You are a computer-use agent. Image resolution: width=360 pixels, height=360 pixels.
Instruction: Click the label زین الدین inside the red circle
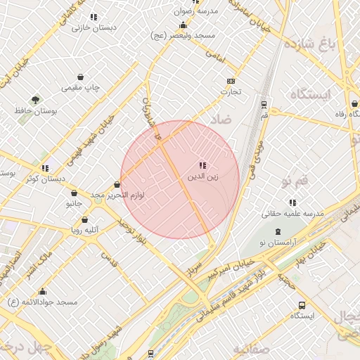click(x=202, y=176)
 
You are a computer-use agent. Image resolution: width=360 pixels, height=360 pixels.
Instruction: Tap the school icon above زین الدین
click(x=202, y=165)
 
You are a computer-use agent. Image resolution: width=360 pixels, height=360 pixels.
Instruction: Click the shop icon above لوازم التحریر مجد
click(x=117, y=184)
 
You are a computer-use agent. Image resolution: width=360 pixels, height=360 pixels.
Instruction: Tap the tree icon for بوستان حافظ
click(x=36, y=100)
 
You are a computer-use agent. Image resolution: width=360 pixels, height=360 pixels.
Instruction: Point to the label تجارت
click(x=231, y=91)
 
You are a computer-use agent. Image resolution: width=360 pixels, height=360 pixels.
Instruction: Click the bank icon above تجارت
click(x=231, y=81)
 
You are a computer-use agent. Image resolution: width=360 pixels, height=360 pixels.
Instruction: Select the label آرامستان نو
click(x=277, y=241)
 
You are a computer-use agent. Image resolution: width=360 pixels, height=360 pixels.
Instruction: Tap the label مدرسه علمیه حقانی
click(x=292, y=212)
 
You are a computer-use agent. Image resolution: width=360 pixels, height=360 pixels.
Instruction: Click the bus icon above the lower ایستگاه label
click(x=302, y=306)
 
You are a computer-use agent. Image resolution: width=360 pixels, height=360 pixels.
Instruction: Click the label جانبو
click(x=74, y=204)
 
